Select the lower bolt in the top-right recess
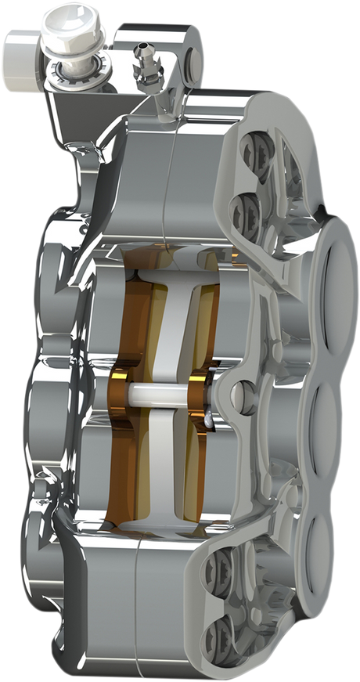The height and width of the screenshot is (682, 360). [x=243, y=208]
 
